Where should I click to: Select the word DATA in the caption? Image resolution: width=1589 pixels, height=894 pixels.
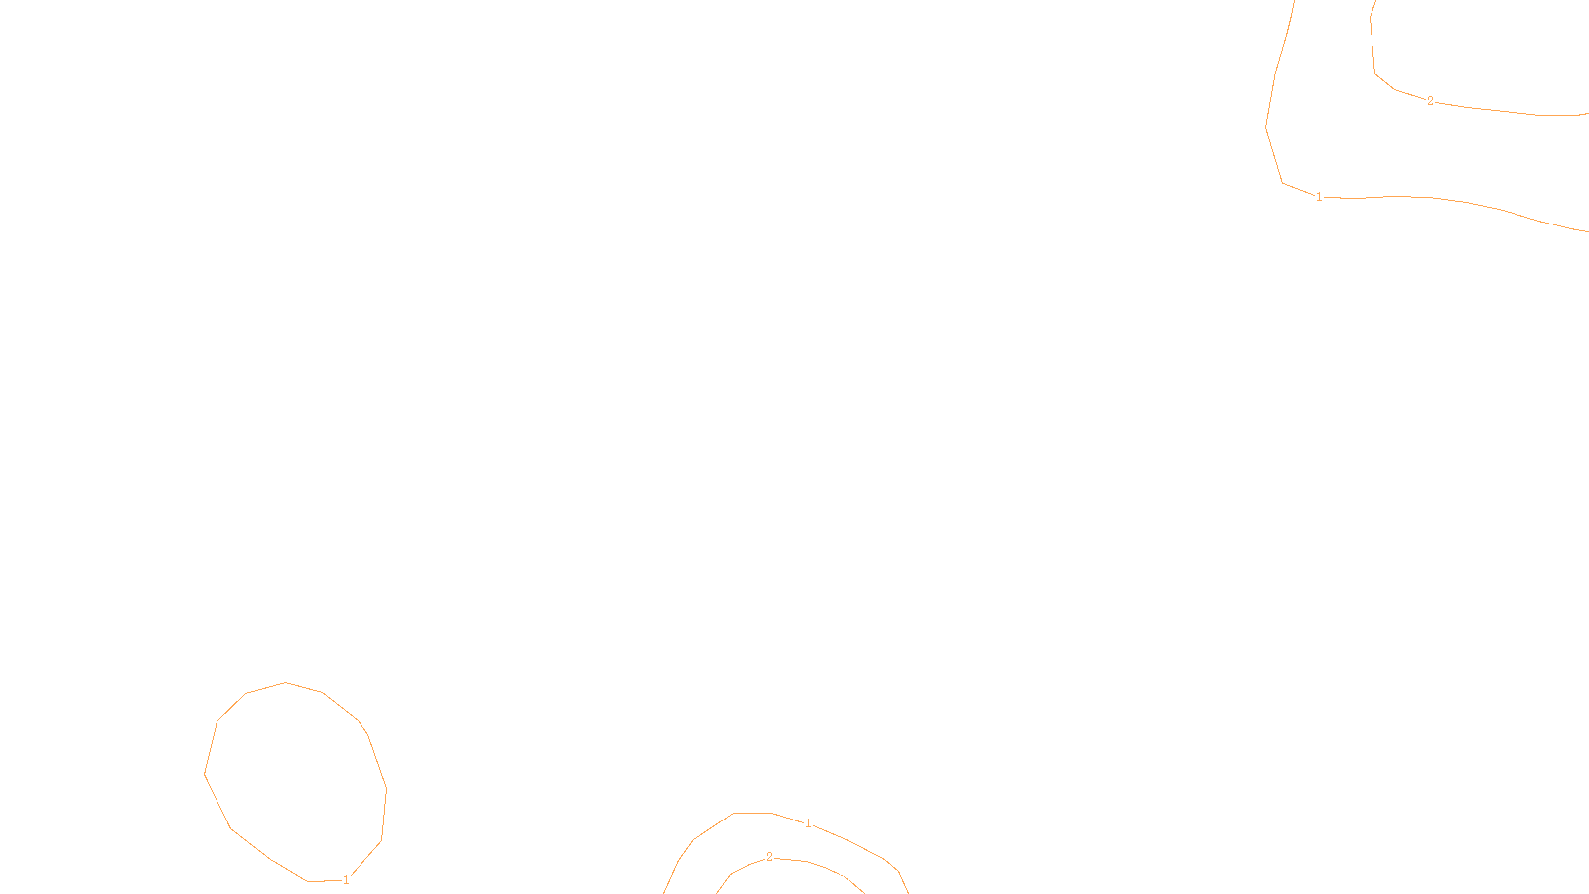(x=839, y=878)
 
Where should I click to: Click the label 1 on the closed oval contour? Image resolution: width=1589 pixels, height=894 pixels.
(x=346, y=880)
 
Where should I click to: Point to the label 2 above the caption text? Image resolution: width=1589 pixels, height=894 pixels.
(x=769, y=857)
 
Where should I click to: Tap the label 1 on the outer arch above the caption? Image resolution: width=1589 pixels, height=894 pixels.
(x=808, y=823)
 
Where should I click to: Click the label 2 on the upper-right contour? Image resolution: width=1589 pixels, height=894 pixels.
(x=1430, y=101)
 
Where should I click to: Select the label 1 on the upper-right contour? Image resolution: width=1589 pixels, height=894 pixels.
(x=1319, y=197)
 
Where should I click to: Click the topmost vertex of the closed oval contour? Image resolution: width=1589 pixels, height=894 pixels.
(x=286, y=682)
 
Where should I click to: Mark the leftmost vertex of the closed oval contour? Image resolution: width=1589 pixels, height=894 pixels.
(x=205, y=774)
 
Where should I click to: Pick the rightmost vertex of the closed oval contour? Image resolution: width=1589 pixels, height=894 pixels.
(x=386, y=790)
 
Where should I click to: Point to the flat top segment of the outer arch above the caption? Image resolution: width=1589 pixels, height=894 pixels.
(x=753, y=813)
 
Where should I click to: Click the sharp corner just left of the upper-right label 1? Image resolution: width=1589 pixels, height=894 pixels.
(x=1283, y=183)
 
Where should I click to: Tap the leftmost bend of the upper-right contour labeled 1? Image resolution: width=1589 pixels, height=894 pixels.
(x=1266, y=127)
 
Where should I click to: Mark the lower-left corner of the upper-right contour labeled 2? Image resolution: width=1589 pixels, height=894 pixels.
(x=1375, y=74)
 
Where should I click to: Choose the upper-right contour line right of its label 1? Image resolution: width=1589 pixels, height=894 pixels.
(x=1440, y=198)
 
